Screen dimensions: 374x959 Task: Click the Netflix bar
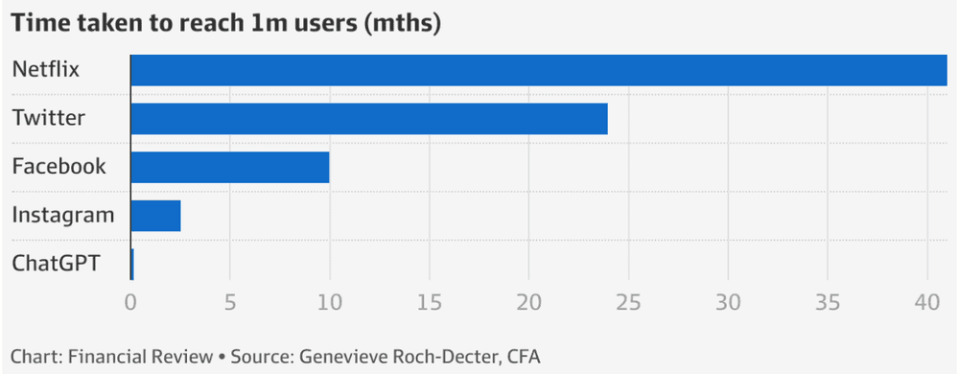[538, 70]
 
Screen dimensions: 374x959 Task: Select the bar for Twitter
[369, 119]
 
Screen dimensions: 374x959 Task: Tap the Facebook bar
[230, 167]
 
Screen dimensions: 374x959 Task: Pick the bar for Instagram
[155, 216]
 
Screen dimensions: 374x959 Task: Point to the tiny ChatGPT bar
[131, 264]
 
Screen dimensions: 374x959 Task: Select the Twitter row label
[49, 119]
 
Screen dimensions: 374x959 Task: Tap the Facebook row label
[58, 167]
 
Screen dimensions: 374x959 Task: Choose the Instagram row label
[63, 216]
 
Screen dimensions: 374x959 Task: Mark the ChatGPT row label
[56, 264]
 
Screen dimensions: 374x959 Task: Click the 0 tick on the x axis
[130, 300]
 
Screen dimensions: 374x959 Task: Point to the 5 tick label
[230, 300]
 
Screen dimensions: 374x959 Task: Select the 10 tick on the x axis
[330, 300]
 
